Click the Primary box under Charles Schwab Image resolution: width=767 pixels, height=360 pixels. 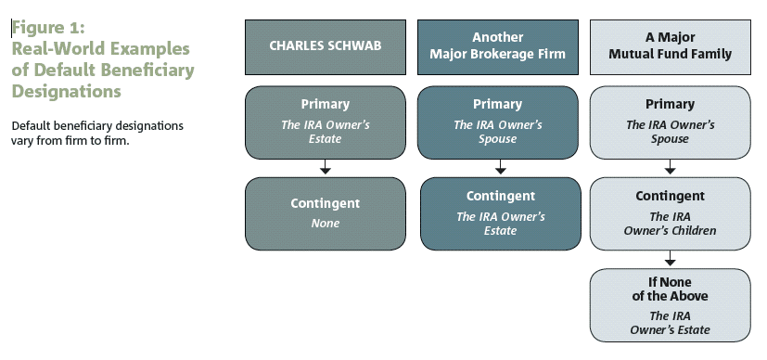[x=325, y=122]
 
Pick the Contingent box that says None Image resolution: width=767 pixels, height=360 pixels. [x=325, y=212]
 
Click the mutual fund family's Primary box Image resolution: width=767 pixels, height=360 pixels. [x=670, y=122]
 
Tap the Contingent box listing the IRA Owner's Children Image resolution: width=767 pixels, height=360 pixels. [x=670, y=212]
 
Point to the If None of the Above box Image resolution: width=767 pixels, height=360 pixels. [x=670, y=305]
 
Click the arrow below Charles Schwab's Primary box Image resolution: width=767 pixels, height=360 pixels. [x=325, y=168]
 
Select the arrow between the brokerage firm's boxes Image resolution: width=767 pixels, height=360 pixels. [x=501, y=168]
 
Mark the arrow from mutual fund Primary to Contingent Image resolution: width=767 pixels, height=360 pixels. [x=670, y=168]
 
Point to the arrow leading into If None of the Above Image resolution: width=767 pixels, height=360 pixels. [x=670, y=259]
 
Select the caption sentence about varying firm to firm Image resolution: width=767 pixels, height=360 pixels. [x=96, y=133]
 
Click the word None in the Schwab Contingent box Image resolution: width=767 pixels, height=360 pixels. [x=325, y=223]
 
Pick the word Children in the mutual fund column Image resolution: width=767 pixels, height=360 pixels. [x=695, y=230]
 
